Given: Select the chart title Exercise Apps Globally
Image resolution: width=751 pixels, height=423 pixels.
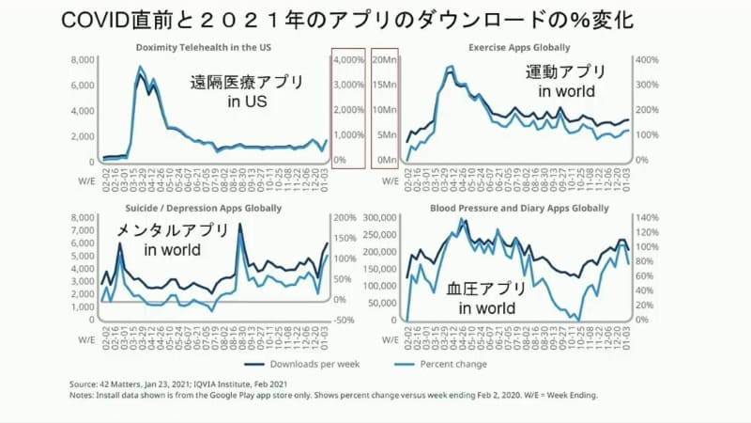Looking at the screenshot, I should click(x=520, y=46).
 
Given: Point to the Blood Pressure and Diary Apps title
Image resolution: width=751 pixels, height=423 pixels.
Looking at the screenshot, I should click(x=519, y=206).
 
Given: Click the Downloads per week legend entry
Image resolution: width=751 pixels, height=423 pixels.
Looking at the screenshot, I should click(x=300, y=362).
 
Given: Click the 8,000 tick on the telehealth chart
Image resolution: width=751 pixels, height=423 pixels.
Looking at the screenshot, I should click(x=84, y=59).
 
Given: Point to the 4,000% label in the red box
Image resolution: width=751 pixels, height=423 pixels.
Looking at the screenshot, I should click(x=351, y=59).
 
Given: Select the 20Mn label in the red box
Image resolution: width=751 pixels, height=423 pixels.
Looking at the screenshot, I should click(x=385, y=59).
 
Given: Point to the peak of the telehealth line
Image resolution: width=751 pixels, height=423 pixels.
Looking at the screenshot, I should click(x=140, y=67).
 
